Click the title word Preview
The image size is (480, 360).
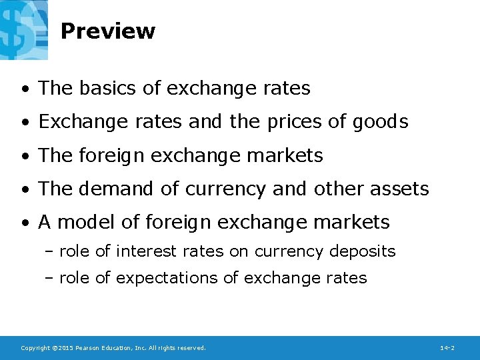click(107, 31)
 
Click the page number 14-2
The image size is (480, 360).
click(447, 348)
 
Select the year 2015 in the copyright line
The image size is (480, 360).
click(63, 348)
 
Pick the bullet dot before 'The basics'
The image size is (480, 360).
click(24, 89)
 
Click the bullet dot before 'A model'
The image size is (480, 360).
click(24, 223)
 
